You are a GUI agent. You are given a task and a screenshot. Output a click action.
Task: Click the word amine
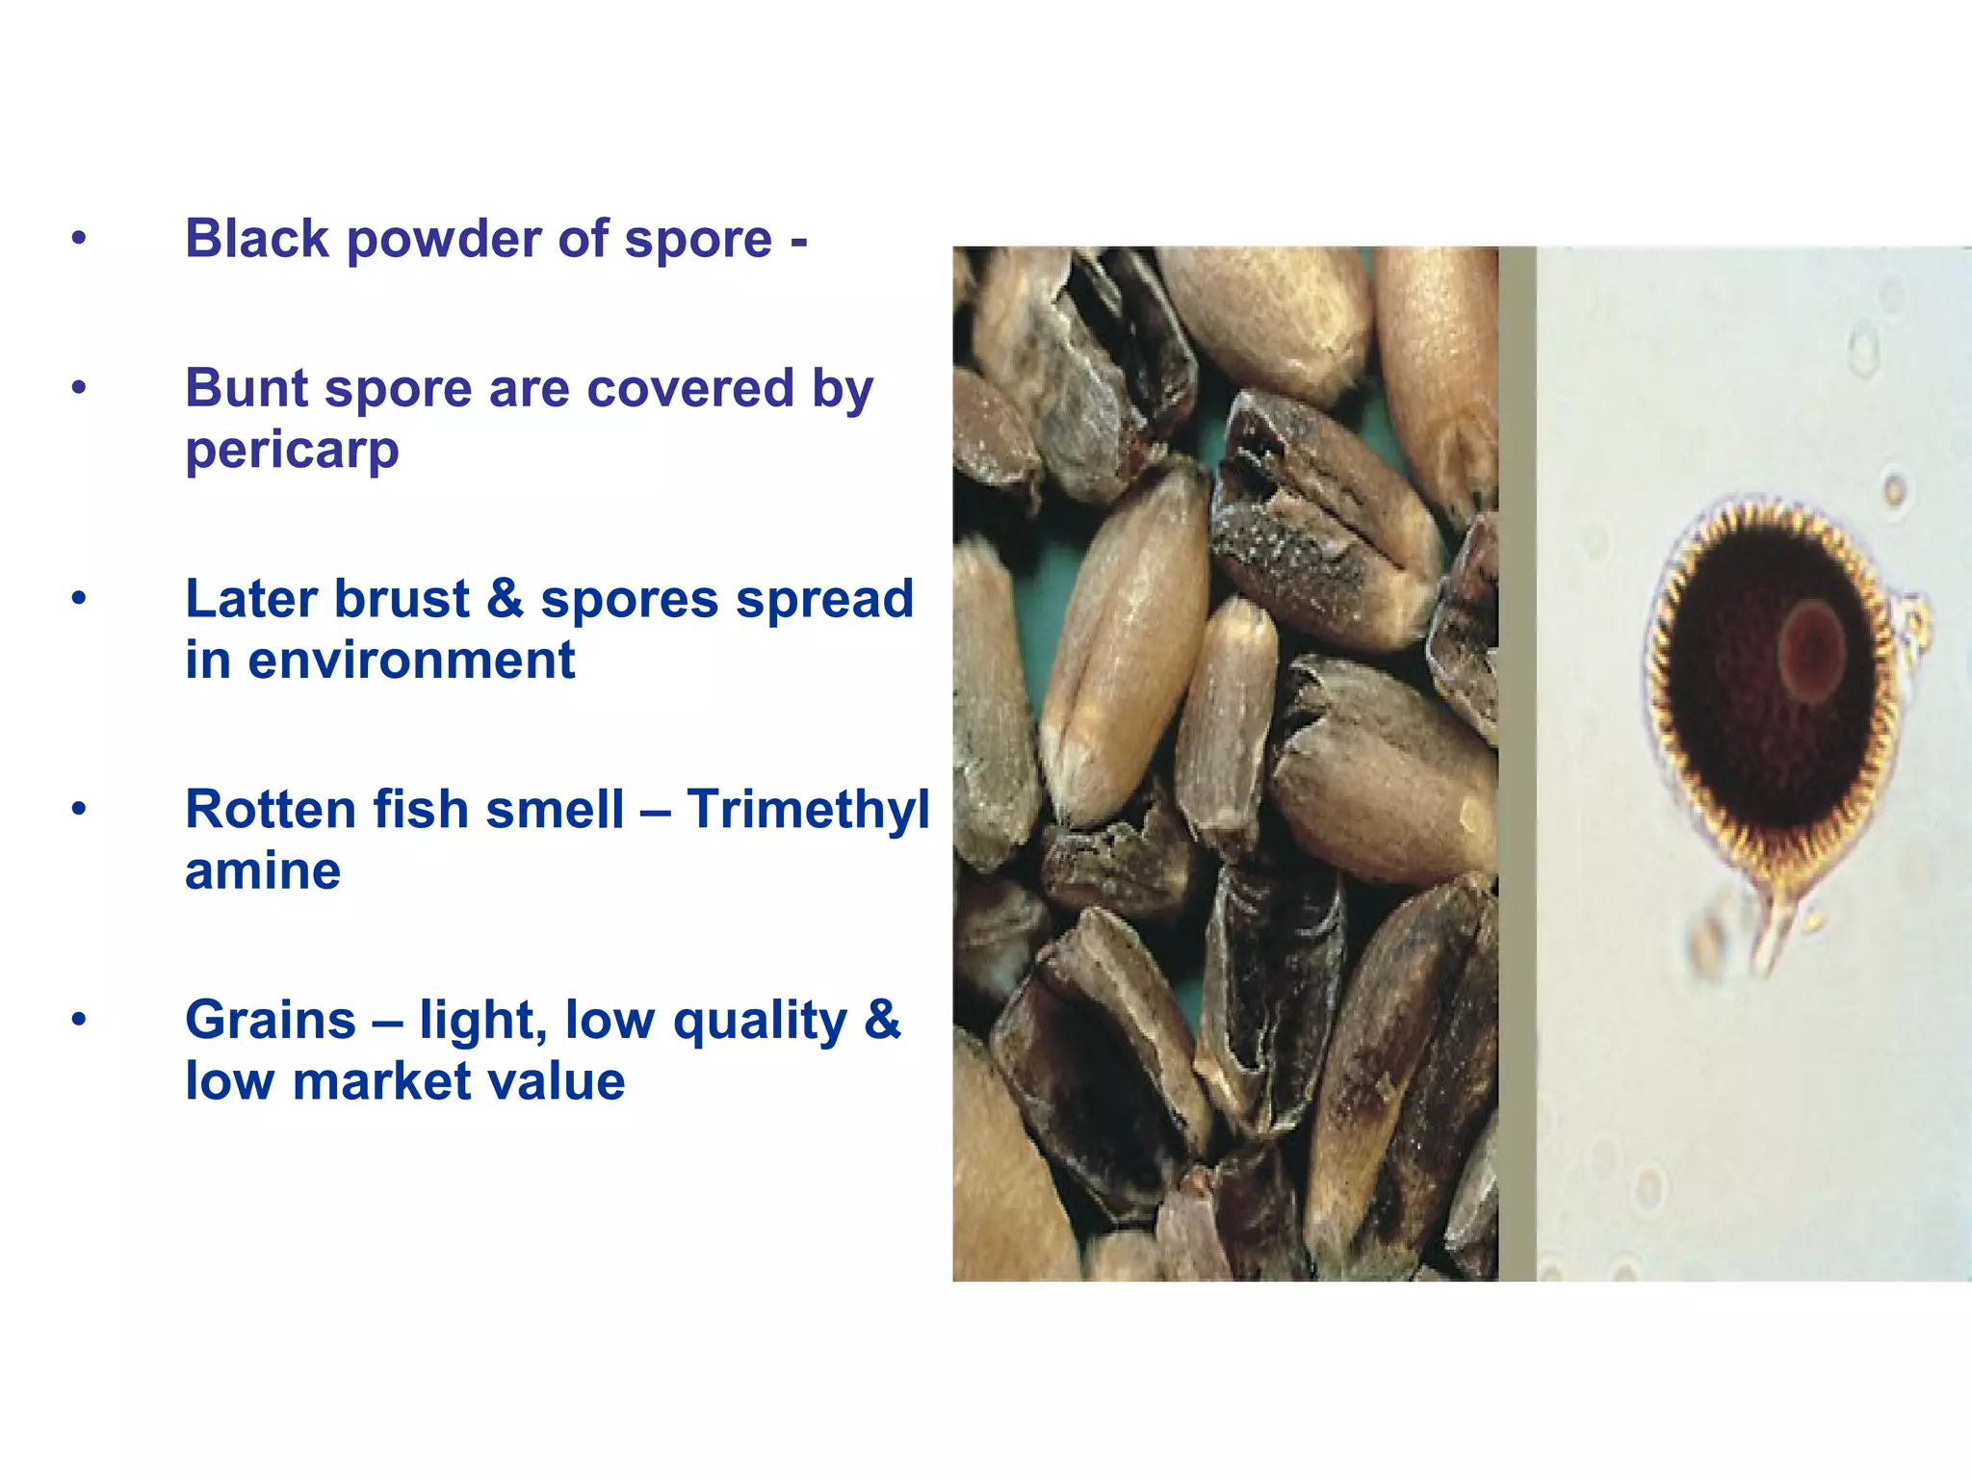tap(262, 872)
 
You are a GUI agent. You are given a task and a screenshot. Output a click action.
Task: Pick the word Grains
tap(270, 1020)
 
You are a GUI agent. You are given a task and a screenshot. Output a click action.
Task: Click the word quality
tap(760, 1022)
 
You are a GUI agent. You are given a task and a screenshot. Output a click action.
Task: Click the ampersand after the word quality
tap(881, 1020)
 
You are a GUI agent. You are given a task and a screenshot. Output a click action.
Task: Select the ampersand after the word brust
tap(505, 599)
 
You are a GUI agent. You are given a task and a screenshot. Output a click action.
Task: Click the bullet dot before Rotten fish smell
tap(79, 809)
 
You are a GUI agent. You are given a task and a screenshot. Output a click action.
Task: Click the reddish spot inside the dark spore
tap(1810, 651)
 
